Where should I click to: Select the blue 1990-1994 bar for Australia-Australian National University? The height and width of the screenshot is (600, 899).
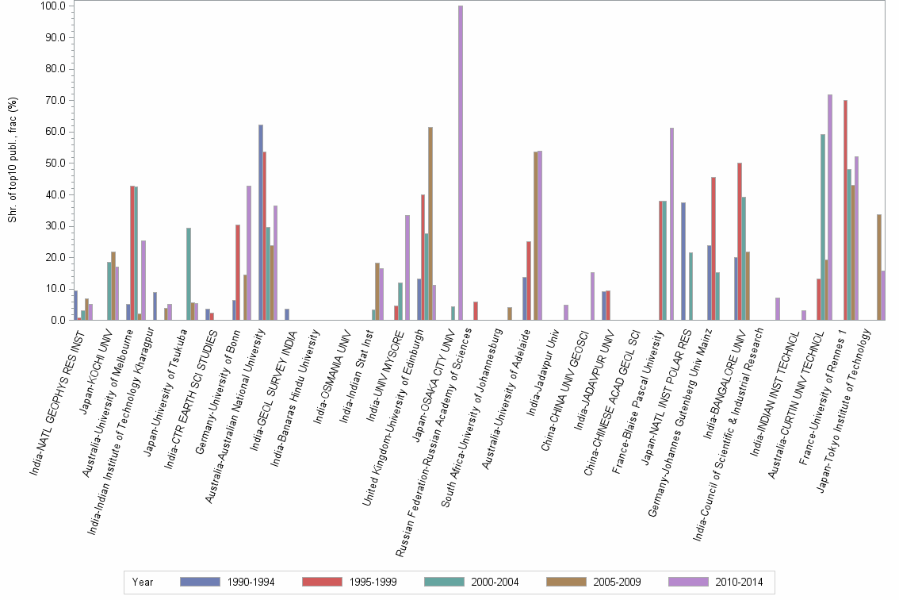pos(261,222)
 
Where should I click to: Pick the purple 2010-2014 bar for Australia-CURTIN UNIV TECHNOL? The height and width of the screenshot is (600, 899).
pos(830,207)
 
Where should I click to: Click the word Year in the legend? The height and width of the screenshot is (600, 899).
pos(143,582)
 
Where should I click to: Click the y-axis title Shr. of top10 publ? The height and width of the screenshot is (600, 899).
pos(12,159)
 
